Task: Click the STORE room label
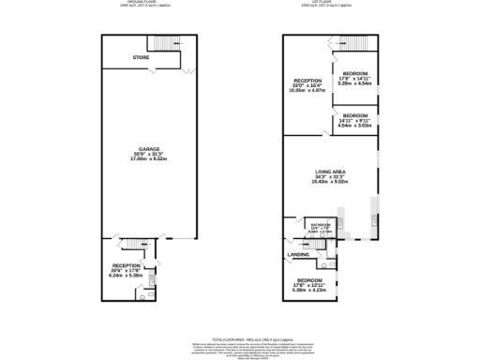[141, 58]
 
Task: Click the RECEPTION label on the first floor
[307, 81]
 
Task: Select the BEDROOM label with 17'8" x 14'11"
[355, 73]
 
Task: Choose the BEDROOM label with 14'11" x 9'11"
[355, 114]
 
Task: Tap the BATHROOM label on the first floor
[320, 224]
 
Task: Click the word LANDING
[298, 253]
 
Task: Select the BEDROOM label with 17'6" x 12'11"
[309, 280]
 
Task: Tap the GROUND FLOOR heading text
[143, 3]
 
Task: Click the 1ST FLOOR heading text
[331, 3]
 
